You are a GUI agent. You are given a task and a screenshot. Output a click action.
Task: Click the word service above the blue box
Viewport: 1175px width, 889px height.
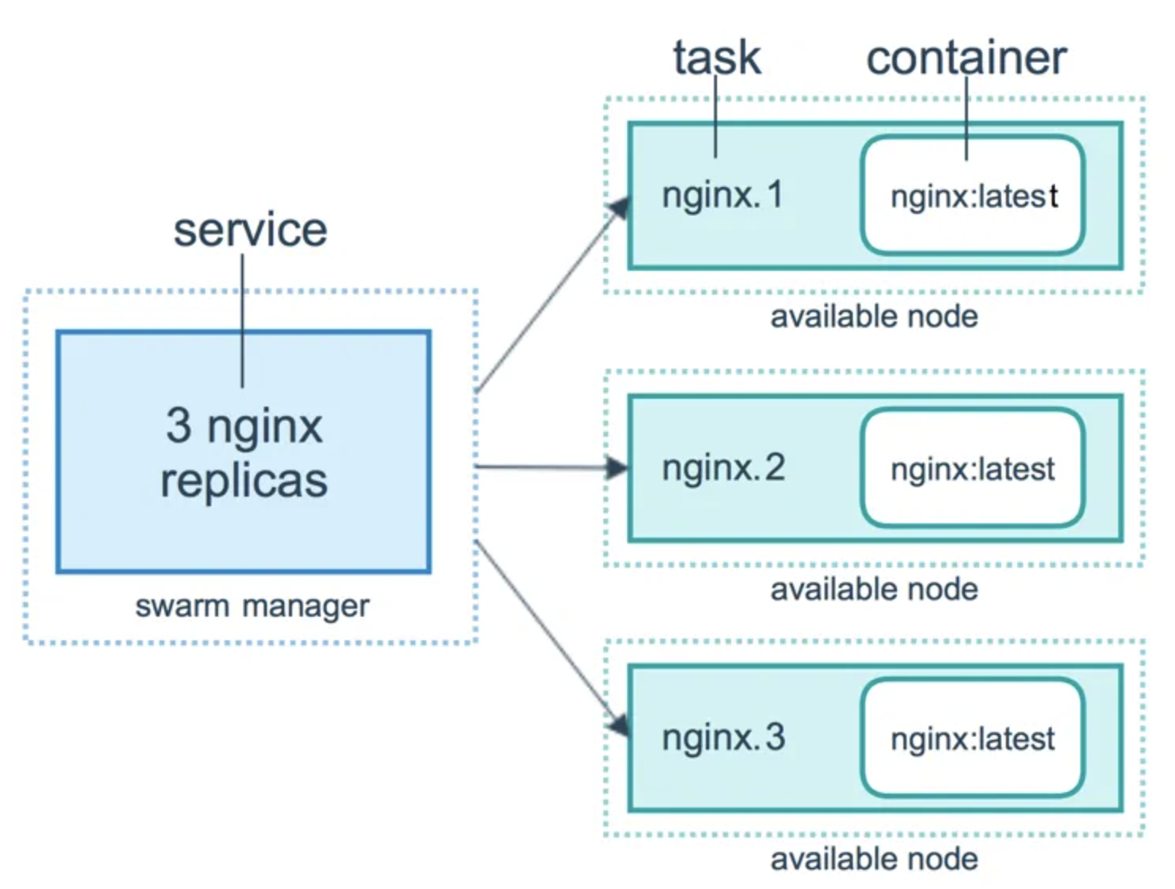coord(250,230)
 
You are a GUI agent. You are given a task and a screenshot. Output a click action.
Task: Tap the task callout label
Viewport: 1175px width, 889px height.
coord(716,58)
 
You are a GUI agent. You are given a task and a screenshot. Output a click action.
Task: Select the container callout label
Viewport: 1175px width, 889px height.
coord(966,58)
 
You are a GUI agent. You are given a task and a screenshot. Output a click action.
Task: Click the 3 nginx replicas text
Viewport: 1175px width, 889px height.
coord(244,452)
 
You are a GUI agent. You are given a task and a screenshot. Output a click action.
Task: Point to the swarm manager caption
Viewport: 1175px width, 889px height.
coord(252,606)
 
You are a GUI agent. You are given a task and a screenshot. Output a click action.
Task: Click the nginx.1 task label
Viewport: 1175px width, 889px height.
coord(722,195)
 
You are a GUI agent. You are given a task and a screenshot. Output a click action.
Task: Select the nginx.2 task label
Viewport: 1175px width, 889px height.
coord(723,467)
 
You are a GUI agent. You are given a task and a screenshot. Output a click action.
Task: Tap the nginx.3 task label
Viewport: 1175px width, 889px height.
coord(723,737)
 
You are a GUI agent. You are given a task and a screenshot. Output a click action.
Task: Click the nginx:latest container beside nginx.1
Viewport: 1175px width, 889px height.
coord(973,196)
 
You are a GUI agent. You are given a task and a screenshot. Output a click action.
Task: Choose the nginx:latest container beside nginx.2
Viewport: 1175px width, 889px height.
coord(973,469)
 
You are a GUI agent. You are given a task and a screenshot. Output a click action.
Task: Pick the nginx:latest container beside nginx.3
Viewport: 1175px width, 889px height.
coord(973,739)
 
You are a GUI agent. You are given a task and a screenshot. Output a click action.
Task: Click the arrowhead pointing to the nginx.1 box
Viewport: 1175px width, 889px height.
coord(619,208)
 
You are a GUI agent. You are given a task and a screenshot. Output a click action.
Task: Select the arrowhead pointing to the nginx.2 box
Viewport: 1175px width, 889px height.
coord(617,467)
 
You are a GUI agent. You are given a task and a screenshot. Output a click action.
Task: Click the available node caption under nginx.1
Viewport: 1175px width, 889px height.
coord(874,317)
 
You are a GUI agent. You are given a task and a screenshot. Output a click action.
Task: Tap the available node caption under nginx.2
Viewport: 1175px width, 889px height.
coord(874,590)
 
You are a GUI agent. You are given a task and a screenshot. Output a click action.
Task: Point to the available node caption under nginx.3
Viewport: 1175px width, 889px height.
coord(874,859)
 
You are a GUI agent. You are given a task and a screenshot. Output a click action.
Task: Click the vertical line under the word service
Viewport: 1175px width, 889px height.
coord(242,324)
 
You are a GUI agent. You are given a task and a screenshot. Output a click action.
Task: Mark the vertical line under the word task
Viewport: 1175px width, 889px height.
coord(715,118)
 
